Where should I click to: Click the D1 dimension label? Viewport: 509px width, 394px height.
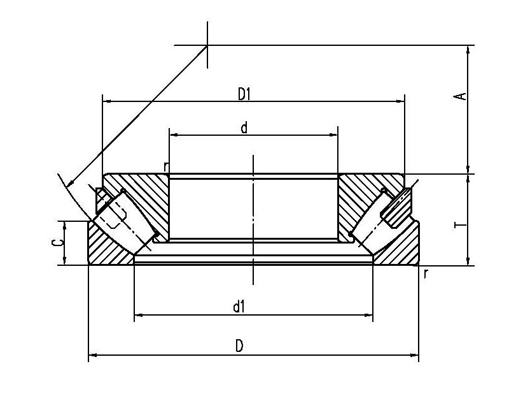point(244,94)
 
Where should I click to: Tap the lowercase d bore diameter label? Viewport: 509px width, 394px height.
point(244,128)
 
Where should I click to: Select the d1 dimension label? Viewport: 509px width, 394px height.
point(239,307)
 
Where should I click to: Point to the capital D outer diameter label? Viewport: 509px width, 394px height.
point(239,346)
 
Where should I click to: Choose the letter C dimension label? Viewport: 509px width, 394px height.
point(58,242)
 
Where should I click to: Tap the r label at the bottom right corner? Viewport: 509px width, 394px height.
point(426,274)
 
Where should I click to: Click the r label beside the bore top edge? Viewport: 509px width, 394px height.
point(166,167)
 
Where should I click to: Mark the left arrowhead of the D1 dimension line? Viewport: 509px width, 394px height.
point(107,101)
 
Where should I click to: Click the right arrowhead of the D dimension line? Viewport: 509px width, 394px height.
point(415,355)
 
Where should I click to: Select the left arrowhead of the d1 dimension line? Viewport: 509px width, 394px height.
point(138,315)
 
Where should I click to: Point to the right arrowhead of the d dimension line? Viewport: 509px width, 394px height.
point(333,135)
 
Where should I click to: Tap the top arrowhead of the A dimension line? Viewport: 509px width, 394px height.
point(468,50)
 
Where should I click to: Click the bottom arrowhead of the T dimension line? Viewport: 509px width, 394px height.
point(468,261)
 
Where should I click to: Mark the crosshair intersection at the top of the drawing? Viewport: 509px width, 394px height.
point(207,45)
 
